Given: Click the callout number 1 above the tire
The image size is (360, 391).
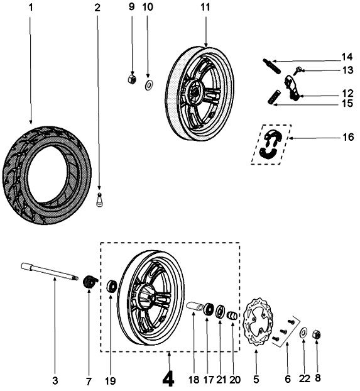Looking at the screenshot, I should click(30, 8).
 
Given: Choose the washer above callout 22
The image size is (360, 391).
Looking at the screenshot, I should click(303, 333).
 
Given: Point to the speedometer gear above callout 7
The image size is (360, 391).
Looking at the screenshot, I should click(89, 282).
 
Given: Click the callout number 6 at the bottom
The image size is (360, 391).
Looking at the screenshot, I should click(288, 379).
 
